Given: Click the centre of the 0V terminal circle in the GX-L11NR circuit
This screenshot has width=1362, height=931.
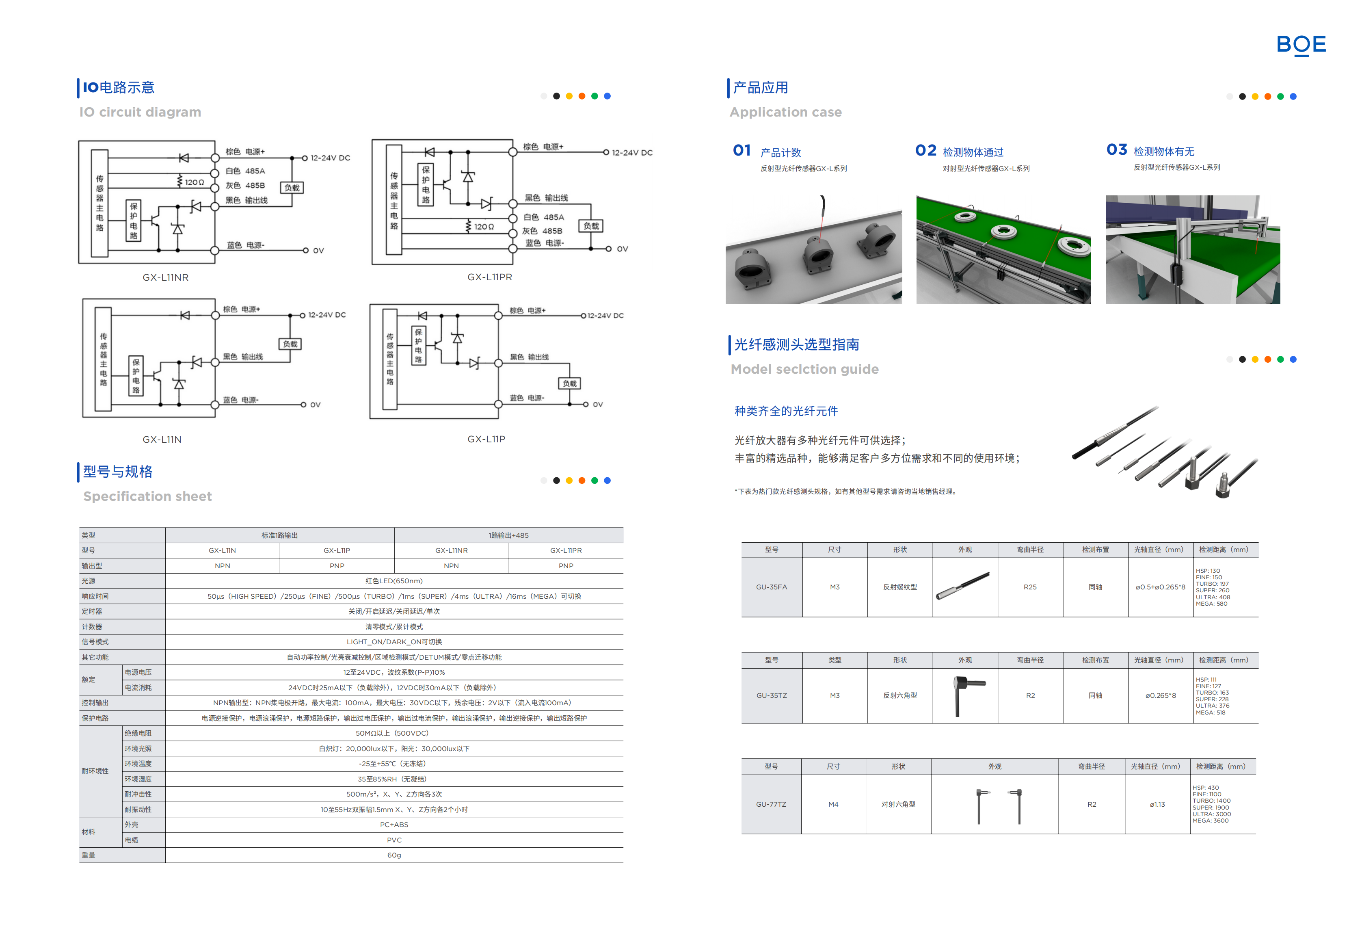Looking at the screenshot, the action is (305, 250).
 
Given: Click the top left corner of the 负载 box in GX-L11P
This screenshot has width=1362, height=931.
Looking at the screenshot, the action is (559, 378).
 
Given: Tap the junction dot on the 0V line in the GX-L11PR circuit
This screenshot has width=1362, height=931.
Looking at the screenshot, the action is (591, 249).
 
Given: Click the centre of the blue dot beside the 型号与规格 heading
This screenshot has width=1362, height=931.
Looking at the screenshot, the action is (607, 481).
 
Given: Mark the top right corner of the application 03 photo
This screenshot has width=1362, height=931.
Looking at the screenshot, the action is (1280, 195).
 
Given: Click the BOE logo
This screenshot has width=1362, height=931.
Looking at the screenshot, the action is (1301, 45).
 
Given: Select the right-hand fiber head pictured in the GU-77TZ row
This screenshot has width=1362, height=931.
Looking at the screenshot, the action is (1017, 806).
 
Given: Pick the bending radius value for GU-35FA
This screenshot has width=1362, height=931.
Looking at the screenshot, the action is (1030, 587).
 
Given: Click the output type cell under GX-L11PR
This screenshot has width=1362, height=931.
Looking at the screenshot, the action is (566, 566).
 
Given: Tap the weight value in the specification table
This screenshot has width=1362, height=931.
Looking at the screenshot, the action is (394, 855).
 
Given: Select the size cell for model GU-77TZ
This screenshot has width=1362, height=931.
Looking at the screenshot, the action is (833, 804).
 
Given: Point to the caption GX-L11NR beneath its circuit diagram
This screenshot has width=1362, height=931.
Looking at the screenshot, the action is (166, 277).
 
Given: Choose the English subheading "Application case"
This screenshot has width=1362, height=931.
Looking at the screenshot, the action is (785, 112).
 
